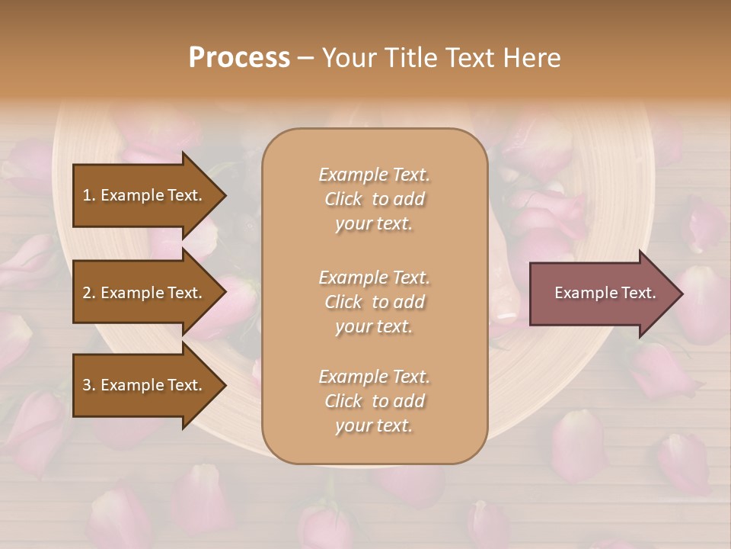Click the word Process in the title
click(239, 58)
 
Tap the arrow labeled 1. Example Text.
click(145, 195)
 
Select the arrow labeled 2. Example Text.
click(145, 293)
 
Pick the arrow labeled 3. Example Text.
click(145, 385)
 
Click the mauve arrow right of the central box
click(602, 293)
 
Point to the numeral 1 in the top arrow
click(87, 195)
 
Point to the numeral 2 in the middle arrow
click(87, 293)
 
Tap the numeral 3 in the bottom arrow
click(87, 385)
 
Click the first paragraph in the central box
click(374, 199)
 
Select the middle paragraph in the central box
click(374, 302)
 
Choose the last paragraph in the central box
click(374, 401)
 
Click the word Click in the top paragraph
click(343, 199)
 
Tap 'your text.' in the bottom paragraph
click(374, 425)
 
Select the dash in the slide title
click(305, 58)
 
